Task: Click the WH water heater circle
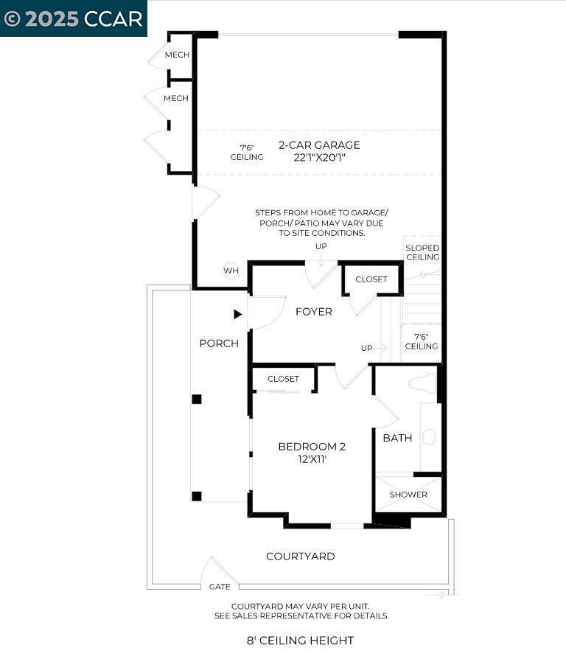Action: click(x=231, y=271)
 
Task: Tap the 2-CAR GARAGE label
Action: click(x=319, y=145)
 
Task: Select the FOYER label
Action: click(x=314, y=312)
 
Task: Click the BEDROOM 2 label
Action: click(x=312, y=446)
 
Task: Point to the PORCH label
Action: click(x=219, y=344)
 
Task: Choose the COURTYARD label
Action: click(x=300, y=557)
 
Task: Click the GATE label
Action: click(x=220, y=587)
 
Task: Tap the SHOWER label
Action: click(x=408, y=495)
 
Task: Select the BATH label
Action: click(x=397, y=438)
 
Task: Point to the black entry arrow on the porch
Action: click(x=237, y=314)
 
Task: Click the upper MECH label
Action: click(x=176, y=55)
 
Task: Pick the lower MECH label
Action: click(x=176, y=99)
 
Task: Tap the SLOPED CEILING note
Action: click(x=422, y=253)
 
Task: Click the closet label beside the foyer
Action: click(x=371, y=280)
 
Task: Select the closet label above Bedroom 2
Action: click(x=283, y=379)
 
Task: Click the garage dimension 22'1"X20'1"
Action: click(x=319, y=158)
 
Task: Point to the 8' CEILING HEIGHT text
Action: click(x=300, y=641)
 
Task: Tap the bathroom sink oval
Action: click(x=429, y=437)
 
